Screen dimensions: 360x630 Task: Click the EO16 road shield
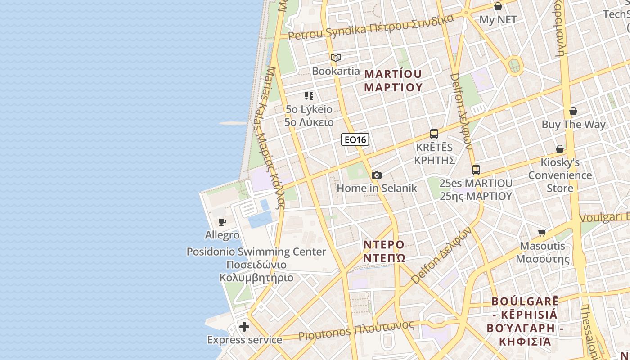(355, 140)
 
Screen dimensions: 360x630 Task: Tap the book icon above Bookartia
(336, 58)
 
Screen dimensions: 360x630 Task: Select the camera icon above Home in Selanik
(377, 175)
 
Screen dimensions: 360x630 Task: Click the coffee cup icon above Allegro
(222, 222)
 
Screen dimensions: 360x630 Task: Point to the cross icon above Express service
(244, 326)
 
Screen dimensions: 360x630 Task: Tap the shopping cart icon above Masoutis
(542, 233)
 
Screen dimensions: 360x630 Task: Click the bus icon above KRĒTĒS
(434, 134)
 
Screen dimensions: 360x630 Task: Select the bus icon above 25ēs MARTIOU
(476, 170)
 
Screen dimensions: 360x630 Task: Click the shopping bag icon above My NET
(498, 6)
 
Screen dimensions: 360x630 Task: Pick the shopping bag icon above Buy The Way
(573, 111)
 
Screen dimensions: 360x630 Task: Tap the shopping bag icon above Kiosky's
(560, 149)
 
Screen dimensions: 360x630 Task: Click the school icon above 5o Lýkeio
(309, 95)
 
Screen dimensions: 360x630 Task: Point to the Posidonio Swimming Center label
(256, 252)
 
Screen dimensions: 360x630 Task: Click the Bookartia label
(336, 71)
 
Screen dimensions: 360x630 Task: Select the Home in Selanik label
(377, 188)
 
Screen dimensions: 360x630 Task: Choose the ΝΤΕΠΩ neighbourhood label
(384, 258)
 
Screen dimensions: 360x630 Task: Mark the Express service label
(244, 340)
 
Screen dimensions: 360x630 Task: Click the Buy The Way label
(573, 125)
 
